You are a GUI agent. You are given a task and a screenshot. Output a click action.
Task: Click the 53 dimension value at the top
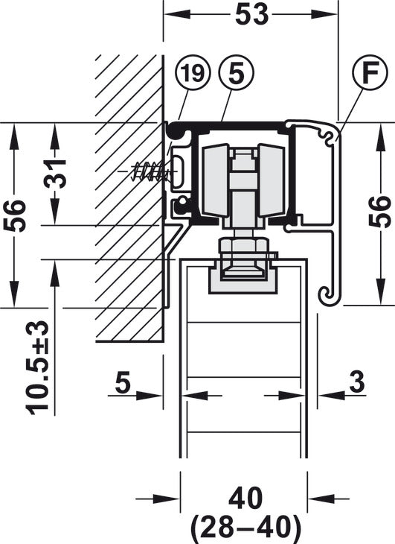[x=251, y=15]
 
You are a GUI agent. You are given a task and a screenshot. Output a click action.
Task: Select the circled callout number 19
[x=193, y=73]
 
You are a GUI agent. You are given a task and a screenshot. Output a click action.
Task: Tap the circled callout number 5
[x=237, y=73]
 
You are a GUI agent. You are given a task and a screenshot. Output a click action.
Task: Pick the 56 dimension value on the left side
[x=14, y=215]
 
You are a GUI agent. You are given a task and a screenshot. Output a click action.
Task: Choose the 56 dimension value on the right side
[x=380, y=212]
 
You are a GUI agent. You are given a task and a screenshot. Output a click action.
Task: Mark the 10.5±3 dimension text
[x=36, y=367]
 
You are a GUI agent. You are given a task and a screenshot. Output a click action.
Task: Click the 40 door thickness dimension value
[x=245, y=499]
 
